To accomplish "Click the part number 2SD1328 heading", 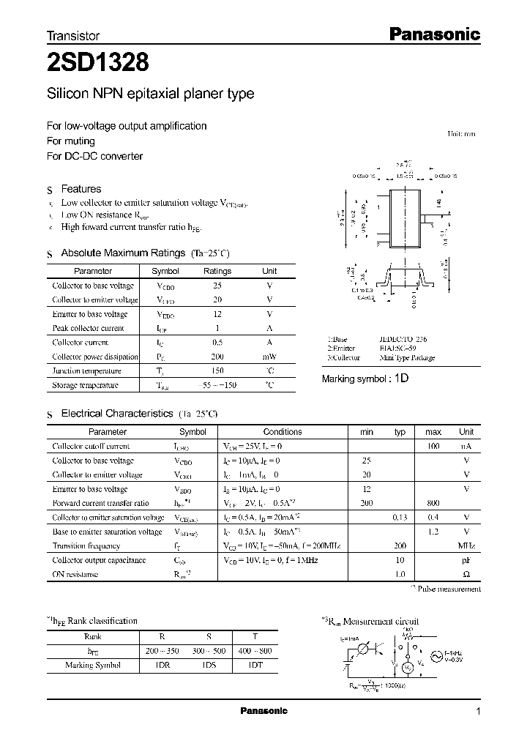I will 99,64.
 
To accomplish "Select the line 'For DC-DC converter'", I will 94,156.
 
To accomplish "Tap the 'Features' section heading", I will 81,189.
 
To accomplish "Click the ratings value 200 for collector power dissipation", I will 217,357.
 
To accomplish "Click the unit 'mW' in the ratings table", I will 269,357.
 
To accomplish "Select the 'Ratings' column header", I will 217,271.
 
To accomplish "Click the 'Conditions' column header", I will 282,432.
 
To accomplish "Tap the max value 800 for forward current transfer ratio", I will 433,503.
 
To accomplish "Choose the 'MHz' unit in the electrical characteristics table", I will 466,546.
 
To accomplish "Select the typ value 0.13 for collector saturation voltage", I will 400,518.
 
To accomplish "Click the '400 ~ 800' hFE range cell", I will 255,649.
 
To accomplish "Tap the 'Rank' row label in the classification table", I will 92,636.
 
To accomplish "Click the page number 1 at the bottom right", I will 478,712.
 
